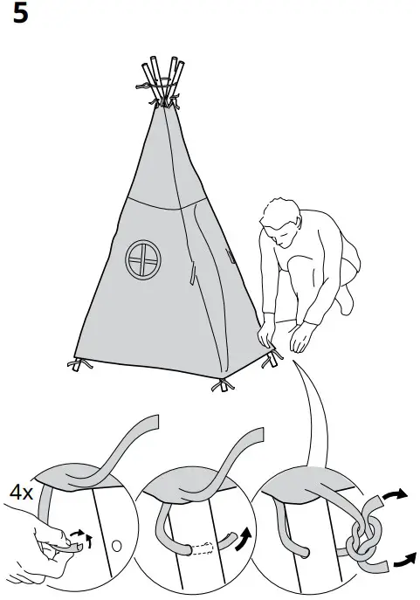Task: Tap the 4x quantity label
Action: point(21,493)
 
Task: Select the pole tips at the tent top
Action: point(162,72)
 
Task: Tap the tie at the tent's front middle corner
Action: point(222,384)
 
